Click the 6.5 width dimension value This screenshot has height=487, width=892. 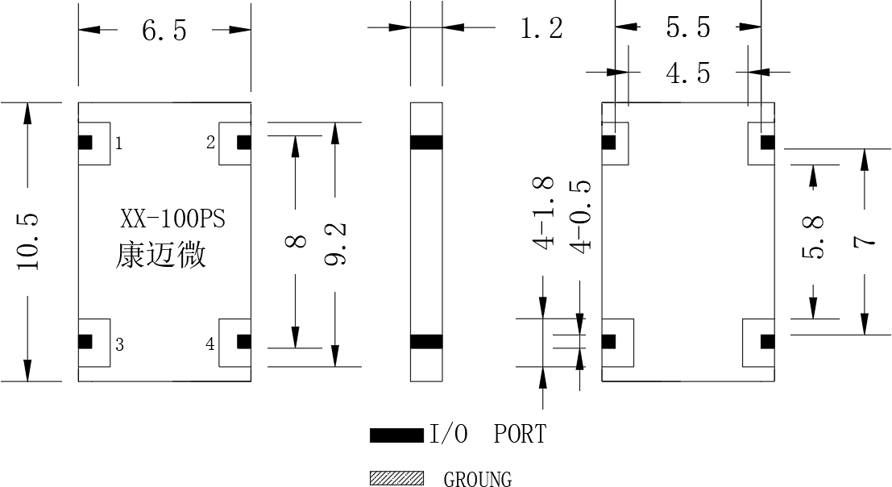[x=164, y=30]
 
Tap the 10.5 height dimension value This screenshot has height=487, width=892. [x=27, y=242]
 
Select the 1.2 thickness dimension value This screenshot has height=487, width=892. [x=541, y=28]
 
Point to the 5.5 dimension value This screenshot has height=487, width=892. [x=688, y=27]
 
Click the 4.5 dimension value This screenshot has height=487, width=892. [x=688, y=73]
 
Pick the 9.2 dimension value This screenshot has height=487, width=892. [x=335, y=244]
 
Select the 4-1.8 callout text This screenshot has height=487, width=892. [x=543, y=213]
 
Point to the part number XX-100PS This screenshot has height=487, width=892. [x=173, y=219]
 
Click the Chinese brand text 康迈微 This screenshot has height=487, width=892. [x=161, y=255]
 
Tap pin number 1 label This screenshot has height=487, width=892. [x=119, y=144]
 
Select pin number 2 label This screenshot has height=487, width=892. [x=210, y=142]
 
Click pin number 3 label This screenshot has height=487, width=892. [x=119, y=345]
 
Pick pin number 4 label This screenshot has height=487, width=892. [x=210, y=343]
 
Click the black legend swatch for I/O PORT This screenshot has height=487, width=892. [x=396, y=435]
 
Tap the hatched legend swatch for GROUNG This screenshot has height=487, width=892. [x=396, y=478]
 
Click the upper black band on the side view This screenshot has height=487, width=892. [x=426, y=142]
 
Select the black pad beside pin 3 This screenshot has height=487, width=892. [x=85, y=341]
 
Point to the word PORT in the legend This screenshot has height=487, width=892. [x=520, y=434]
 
